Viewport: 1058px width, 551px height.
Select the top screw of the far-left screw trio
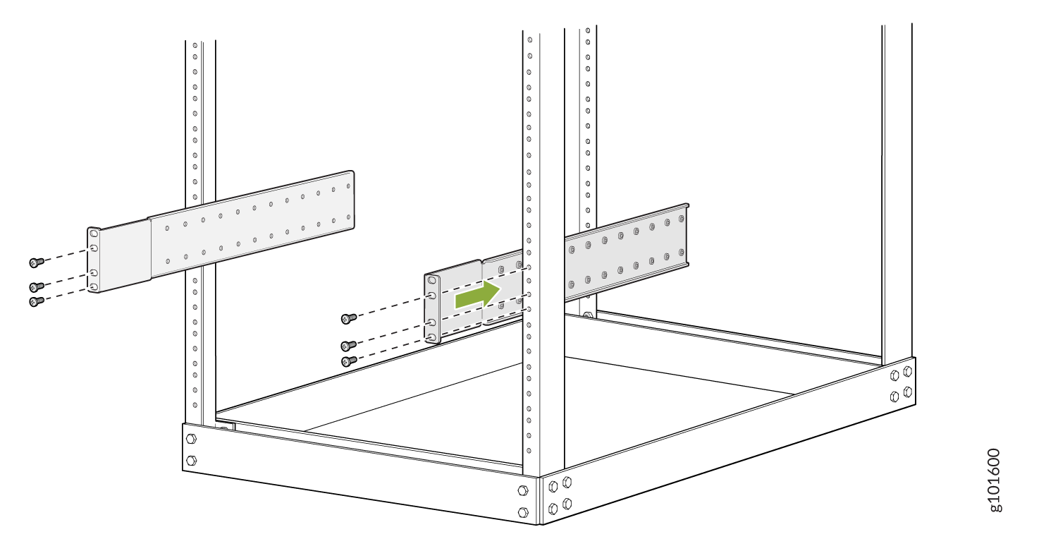(x=36, y=262)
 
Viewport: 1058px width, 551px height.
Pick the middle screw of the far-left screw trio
(x=36, y=287)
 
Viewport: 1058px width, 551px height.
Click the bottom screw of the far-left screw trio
(x=36, y=301)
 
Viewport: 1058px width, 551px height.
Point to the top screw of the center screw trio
(x=349, y=319)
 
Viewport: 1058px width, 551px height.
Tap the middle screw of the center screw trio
(x=349, y=346)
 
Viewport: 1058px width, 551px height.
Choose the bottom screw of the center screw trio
(x=349, y=361)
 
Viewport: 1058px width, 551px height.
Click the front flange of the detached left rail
(x=94, y=260)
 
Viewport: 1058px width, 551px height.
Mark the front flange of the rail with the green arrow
(x=432, y=308)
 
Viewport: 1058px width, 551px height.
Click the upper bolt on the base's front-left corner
(x=191, y=439)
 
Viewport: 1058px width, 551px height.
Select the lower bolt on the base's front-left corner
(x=191, y=460)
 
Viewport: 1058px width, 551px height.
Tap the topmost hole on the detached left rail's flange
(x=94, y=233)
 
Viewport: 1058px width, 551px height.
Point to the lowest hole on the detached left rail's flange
(x=94, y=287)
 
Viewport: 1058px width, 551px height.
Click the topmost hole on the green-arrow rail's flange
(x=431, y=280)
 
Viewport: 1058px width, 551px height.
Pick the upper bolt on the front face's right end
(x=523, y=490)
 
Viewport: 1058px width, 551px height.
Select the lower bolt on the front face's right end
(x=523, y=512)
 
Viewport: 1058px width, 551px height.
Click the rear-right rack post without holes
(x=897, y=194)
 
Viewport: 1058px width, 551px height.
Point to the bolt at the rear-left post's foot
(x=587, y=315)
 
